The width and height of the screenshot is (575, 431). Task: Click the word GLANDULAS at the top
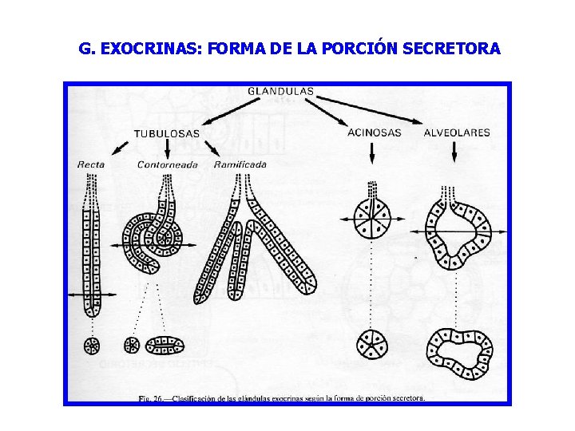tap(280, 91)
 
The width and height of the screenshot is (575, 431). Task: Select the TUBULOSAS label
tap(166, 133)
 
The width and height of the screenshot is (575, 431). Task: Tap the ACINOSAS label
tap(374, 132)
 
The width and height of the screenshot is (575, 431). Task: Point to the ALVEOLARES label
tap(457, 132)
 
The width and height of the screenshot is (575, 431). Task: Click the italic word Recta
tap(91, 164)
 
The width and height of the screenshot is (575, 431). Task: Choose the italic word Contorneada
tap(167, 164)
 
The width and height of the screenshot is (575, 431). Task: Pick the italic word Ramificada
tap(240, 164)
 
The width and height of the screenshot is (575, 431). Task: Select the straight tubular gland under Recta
tap(92, 247)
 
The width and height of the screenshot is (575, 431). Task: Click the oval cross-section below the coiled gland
tap(165, 345)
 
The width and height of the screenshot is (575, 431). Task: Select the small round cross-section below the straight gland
tap(93, 346)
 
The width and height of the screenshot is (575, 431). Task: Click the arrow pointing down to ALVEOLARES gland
tap(454, 152)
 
